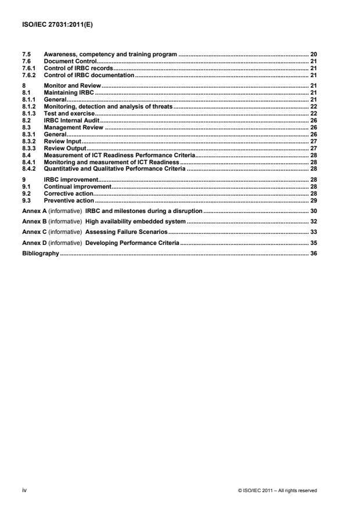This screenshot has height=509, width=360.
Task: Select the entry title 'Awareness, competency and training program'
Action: [x=110, y=53]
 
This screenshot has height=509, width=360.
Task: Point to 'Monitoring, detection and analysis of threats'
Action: [x=108, y=106]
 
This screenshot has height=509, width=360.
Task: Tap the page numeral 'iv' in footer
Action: [x=23, y=490]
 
